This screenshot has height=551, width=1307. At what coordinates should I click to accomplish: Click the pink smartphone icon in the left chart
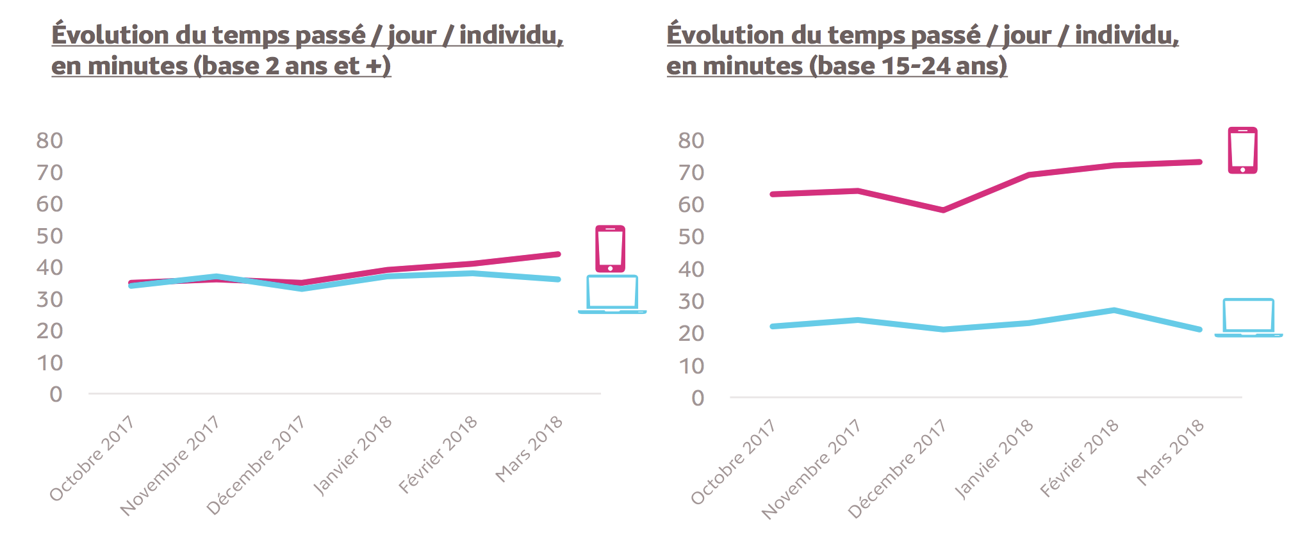(610, 249)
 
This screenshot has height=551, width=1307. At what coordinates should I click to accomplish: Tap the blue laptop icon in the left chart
(612, 294)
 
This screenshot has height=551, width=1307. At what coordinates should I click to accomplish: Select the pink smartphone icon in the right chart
(1242, 151)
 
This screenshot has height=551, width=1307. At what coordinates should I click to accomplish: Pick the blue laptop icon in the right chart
(1248, 317)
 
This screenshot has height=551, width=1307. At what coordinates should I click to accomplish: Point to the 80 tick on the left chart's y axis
(49, 140)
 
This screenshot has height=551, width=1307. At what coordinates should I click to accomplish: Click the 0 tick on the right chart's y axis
(698, 398)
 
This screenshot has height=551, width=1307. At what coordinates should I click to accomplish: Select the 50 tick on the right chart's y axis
(691, 236)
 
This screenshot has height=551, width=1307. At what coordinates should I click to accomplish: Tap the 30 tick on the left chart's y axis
(49, 299)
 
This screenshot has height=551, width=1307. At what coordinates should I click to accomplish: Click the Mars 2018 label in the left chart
(529, 449)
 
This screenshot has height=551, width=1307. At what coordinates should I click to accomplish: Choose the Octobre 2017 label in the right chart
(733, 462)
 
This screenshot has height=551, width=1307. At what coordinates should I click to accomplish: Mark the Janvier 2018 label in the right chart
(993, 459)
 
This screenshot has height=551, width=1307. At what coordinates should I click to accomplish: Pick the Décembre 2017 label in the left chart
(255, 466)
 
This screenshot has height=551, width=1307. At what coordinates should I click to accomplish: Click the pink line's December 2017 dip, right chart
(943, 210)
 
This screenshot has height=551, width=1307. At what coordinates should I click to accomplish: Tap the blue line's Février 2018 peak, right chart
(1114, 311)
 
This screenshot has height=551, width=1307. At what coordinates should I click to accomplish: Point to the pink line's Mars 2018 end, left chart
(558, 254)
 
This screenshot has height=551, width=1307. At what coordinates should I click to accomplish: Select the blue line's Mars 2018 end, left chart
(558, 279)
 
